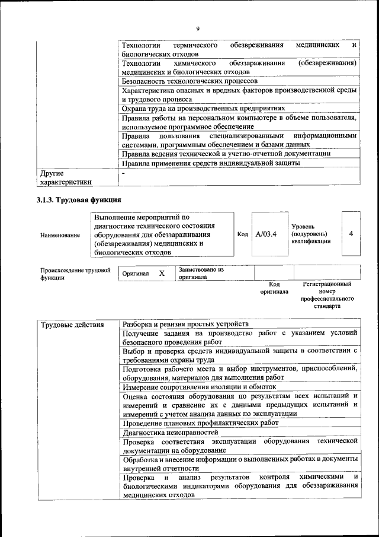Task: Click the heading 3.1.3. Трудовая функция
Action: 79,200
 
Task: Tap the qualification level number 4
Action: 351,234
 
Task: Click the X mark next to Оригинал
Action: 161,274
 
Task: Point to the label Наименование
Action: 60,236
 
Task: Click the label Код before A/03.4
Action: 242,234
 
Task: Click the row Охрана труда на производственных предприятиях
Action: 203,109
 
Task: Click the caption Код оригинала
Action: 274,288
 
